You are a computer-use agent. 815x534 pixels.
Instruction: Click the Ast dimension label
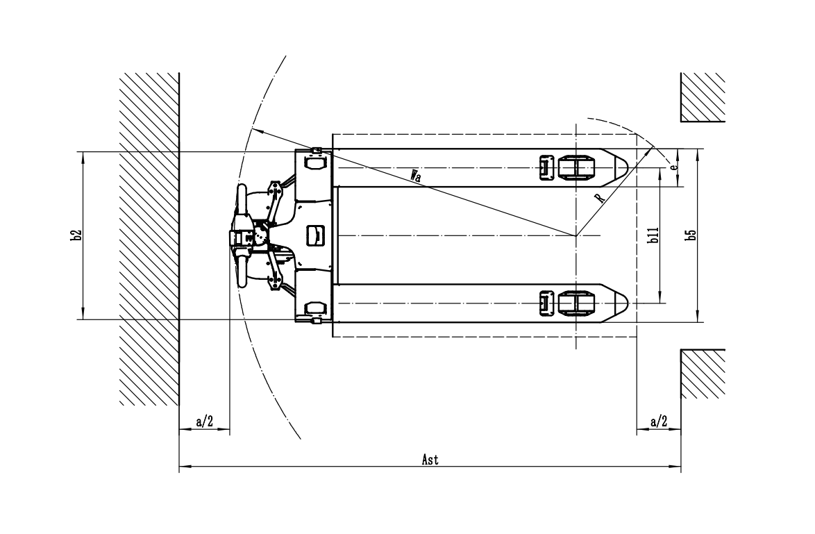(430, 460)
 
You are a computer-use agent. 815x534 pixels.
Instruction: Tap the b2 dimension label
(77, 235)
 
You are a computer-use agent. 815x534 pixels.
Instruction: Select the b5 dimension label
(690, 235)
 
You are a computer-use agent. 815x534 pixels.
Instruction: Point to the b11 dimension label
(653, 235)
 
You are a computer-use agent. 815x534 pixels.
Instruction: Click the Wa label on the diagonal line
(415, 175)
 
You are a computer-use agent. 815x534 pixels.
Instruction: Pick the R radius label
(600, 197)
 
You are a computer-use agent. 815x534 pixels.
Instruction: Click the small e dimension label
(673, 167)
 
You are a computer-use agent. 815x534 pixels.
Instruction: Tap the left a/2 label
(205, 422)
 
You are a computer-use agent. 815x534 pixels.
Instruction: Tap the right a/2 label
(659, 422)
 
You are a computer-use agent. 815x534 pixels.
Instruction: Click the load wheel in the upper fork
(576, 168)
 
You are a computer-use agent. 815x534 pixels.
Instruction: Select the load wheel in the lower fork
(576, 303)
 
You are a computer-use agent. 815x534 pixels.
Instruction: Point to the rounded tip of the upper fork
(621, 168)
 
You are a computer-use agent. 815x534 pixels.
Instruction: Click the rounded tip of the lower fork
(621, 303)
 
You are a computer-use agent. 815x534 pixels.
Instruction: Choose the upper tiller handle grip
(242, 200)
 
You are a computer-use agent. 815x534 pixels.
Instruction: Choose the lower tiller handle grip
(242, 271)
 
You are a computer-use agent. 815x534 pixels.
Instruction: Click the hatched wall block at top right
(703, 97)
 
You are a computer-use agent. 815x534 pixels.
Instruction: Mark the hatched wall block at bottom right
(703, 374)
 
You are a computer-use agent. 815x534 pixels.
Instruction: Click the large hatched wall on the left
(150, 239)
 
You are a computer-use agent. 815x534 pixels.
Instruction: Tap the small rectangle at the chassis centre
(316, 235)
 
